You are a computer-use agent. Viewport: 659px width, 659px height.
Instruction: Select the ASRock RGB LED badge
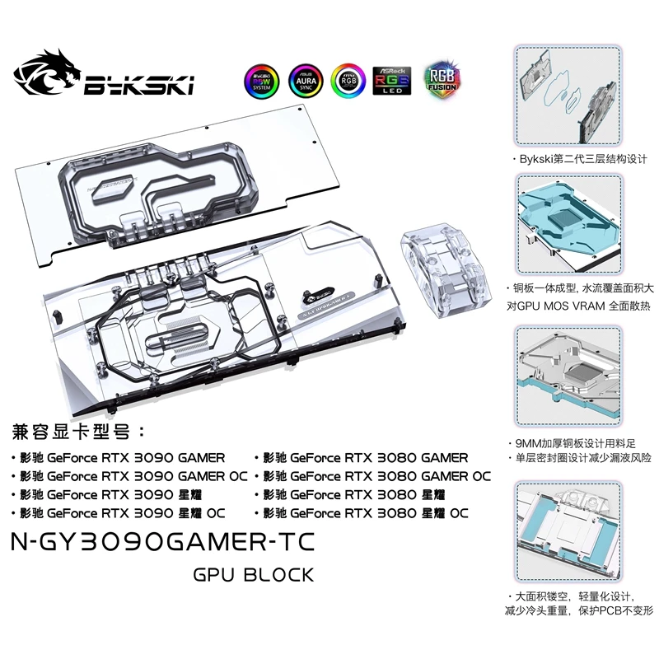[x=391, y=81]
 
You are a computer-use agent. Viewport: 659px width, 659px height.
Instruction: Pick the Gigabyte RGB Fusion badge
[x=442, y=80]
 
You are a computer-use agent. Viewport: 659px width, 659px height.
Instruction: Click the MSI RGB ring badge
[x=348, y=80]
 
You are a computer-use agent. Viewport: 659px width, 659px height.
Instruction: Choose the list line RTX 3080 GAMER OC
[x=375, y=476]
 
